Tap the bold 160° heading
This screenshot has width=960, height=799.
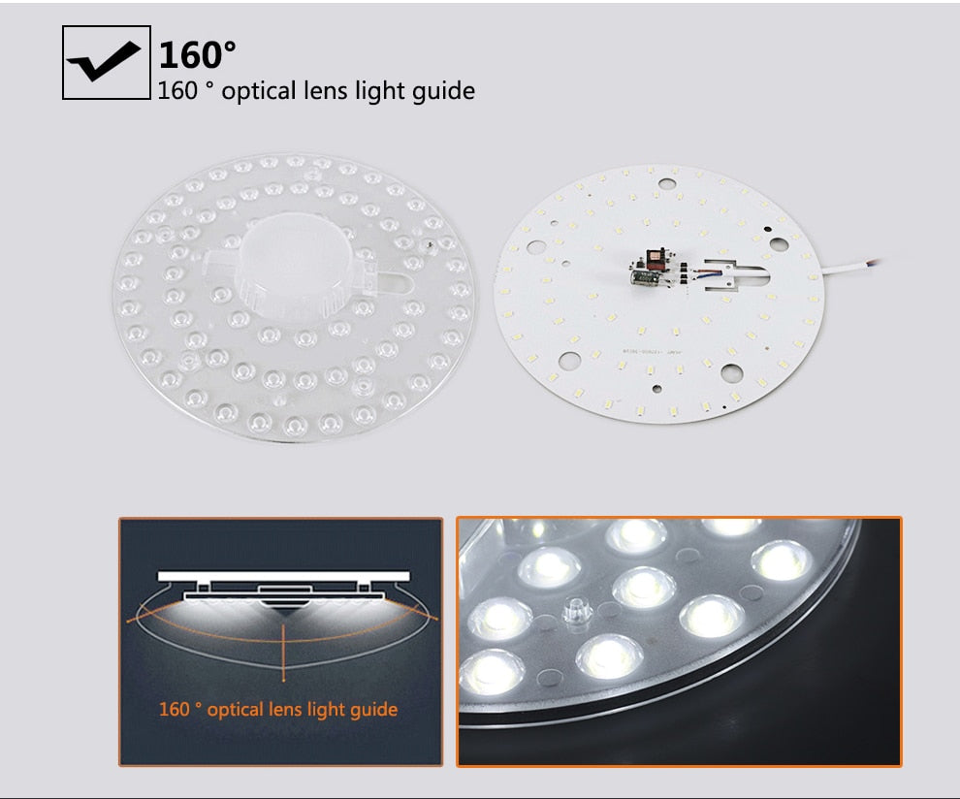[x=197, y=54]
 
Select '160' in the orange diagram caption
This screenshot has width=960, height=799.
[x=175, y=709]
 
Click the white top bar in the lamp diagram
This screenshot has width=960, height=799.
[x=281, y=576]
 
